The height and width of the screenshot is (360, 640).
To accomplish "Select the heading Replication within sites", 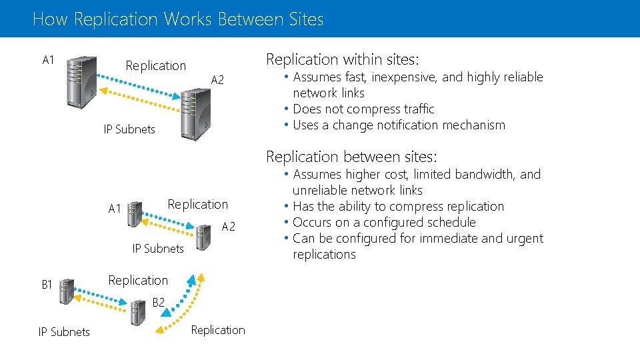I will (343, 59).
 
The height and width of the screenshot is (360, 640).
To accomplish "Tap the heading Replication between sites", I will (351, 157).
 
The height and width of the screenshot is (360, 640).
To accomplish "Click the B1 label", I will (47, 285).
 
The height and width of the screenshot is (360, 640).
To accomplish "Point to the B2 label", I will (158, 303).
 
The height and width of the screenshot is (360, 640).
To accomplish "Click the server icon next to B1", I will (66, 291).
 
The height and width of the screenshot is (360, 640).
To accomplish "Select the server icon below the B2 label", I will (138, 311).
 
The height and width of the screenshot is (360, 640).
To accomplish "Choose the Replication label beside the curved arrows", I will (218, 330).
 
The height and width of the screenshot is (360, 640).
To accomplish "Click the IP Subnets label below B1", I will (64, 332).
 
